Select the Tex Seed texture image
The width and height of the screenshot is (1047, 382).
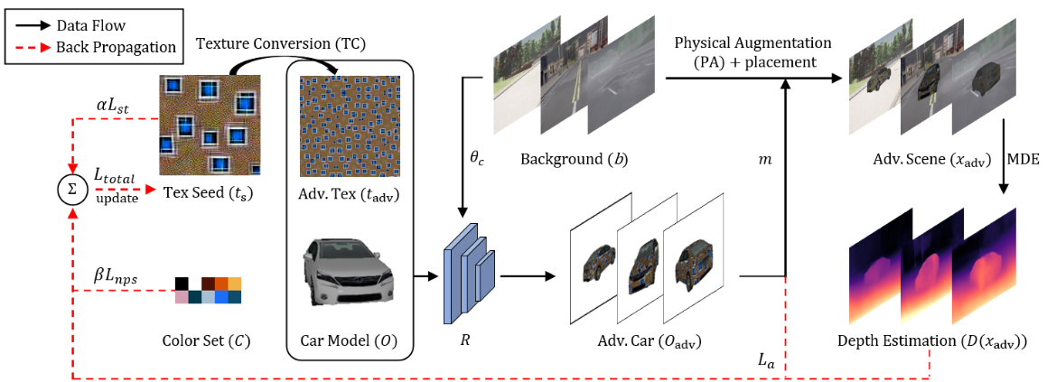coord(210,126)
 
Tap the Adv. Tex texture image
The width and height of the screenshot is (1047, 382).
coord(349,126)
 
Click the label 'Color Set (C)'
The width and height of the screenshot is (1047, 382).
coord(207,342)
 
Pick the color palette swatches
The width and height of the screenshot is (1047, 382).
coord(209,291)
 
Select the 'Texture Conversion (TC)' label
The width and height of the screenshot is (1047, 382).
coord(281,43)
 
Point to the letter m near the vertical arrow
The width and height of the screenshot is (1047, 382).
coord(763,159)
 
